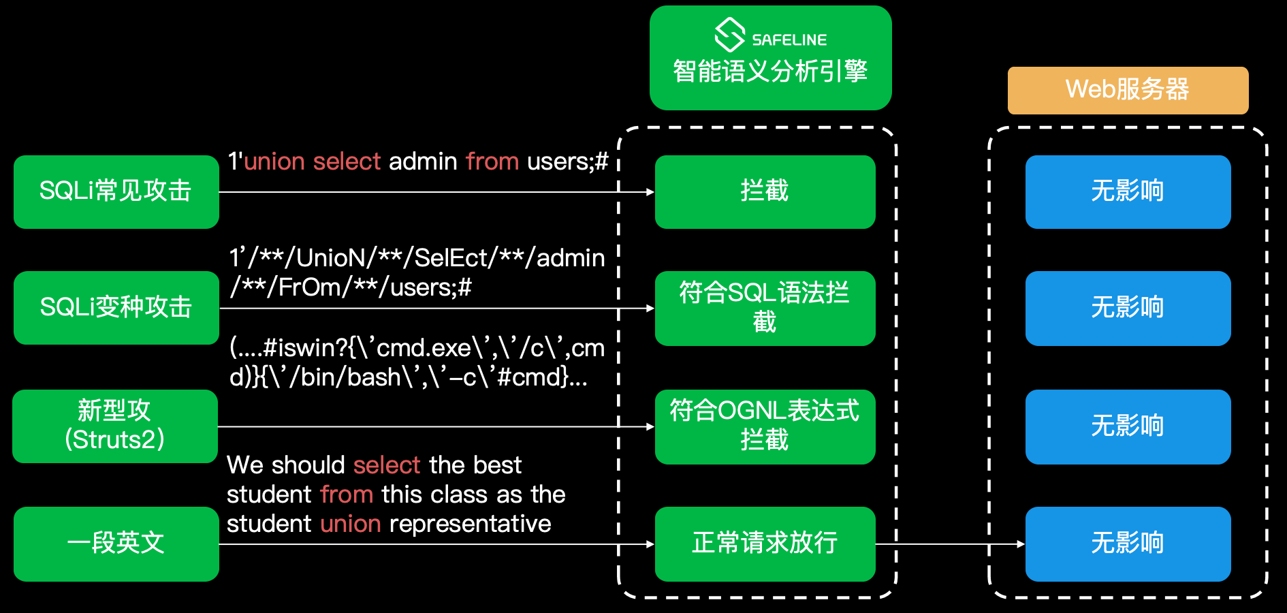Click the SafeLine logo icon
pos(729,35)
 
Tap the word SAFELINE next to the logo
pos(789,40)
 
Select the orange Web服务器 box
pos(1128,90)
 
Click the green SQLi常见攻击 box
pos(116,191)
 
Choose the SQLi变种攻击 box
pos(116,307)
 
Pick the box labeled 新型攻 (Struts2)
pos(115,426)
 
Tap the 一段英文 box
pos(116,544)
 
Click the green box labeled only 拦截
pos(765,191)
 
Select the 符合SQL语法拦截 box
pos(765,308)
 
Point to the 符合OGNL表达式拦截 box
pos(765,426)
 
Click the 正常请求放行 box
pos(765,544)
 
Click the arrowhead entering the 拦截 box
pos(649,192)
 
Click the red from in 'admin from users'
pos(492,161)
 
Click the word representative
pos(470,524)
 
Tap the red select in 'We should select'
pos(387,465)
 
